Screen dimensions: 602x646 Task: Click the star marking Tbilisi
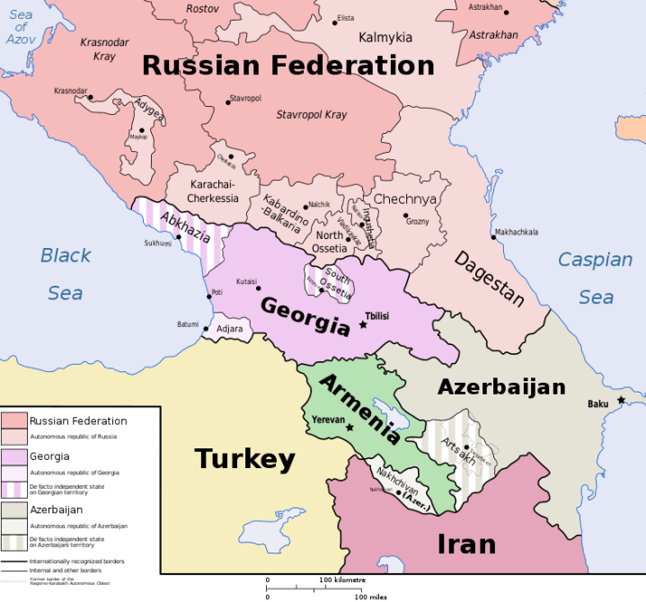coord(363,324)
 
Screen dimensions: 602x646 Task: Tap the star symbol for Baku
coord(621,400)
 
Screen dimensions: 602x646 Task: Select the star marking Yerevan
coord(350,428)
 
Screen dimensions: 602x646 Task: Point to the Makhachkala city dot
coord(493,237)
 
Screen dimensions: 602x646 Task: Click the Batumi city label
coord(187,324)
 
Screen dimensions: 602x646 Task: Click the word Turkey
coord(245,459)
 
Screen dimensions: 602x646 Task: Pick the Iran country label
coord(466,544)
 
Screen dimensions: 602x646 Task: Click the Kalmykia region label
coord(385,38)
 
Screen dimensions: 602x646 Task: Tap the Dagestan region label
coord(488,278)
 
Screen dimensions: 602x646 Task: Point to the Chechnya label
coord(404,199)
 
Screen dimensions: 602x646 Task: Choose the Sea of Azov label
coord(20,27)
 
